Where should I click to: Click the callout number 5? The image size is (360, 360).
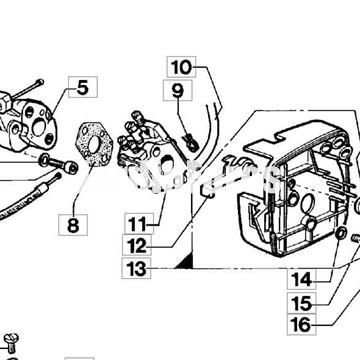pyautogui.click(x=81, y=88)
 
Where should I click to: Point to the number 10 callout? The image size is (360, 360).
pyautogui.click(x=180, y=68)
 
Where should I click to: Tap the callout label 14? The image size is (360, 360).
pyautogui.click(x=302, y=279)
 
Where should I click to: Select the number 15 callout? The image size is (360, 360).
pyautogui.click(x=302, y=302)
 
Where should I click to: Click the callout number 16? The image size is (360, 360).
pyautogui.click(x=302, y=325)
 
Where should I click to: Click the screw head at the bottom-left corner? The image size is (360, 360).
pyautogui.click(x=11, y=342)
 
